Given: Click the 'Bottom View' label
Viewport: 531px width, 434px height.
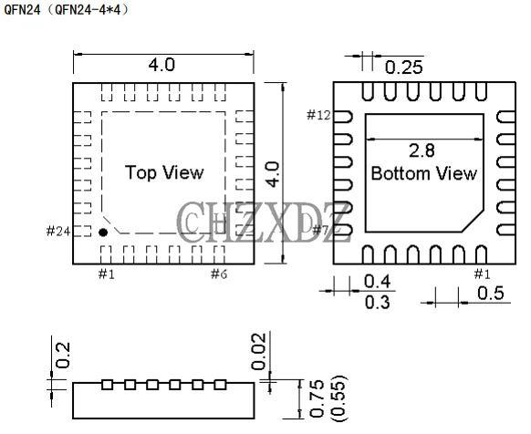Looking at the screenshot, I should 423,173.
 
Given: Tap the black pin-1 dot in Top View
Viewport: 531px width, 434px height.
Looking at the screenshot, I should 103,232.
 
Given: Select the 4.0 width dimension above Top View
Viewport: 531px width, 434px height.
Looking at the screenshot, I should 161,66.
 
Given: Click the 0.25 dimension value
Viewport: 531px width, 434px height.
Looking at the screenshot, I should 403,67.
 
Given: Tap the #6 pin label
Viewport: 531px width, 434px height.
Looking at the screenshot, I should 219,274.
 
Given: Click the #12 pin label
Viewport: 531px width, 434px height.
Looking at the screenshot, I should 318,115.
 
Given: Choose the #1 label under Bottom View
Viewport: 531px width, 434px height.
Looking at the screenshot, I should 482,274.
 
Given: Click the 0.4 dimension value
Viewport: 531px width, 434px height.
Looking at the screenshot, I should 377,281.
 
